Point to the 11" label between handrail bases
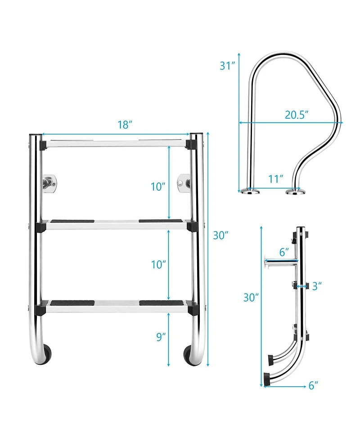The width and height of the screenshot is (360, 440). pyautogui.click(x=275, y=178)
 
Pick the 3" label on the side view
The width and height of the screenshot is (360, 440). pyautogui.click(x=317, y=286)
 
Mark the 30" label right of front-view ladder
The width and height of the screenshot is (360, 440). pyautogui.click(x=220, y=235)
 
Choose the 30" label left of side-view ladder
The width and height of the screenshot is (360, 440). pyautogui.click(x=251, y=297)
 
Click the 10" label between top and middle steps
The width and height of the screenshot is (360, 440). pyautogui.click(x=158, y=186)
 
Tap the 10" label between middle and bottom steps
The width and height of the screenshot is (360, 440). pyautogui.click(x=158, y=264)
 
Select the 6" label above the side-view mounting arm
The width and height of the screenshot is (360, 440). pyautogui.click(x=283, y=252)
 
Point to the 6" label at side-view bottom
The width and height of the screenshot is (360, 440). pyautogui.click(x=314, y=385)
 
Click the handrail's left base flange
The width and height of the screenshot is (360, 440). pyautogui.click(x=250, y=192)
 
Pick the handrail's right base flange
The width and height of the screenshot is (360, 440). pyautogui.click(x=295, y=192)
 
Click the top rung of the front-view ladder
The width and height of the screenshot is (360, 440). pyautogui.click(x=114, y=144)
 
